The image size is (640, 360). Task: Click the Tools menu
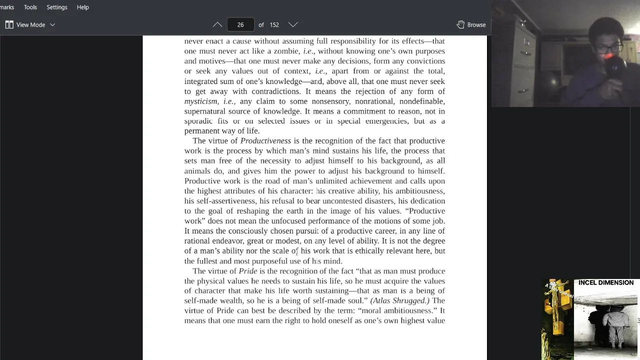point(30,7)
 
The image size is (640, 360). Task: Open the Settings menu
point(56,7)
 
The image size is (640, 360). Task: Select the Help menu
point(82,7)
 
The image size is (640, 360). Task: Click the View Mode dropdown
point(30,24)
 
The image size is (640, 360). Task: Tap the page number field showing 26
point(240,24)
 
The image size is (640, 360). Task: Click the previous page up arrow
point(217,24)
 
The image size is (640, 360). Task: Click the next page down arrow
point(293,24)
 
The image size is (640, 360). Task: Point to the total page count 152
point(274,24)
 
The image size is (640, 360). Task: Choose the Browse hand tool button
point(471,24)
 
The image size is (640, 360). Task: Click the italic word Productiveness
point(265,141)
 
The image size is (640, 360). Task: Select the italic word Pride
point(248,271)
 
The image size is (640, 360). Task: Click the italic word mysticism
point(201,101)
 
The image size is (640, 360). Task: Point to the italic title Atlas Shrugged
point(399,300)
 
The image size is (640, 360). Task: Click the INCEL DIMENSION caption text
point(606,282)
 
